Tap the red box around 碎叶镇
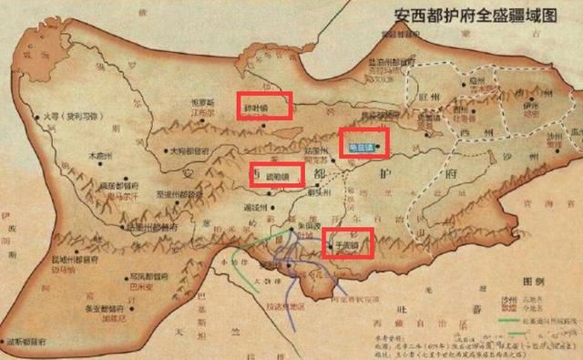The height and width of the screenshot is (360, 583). [x=264, y=106]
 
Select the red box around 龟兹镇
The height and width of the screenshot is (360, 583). [x=363, y=141]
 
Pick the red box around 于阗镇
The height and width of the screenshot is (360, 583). [x=348, y=244]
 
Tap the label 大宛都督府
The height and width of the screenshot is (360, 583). [x=194, y=151]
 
